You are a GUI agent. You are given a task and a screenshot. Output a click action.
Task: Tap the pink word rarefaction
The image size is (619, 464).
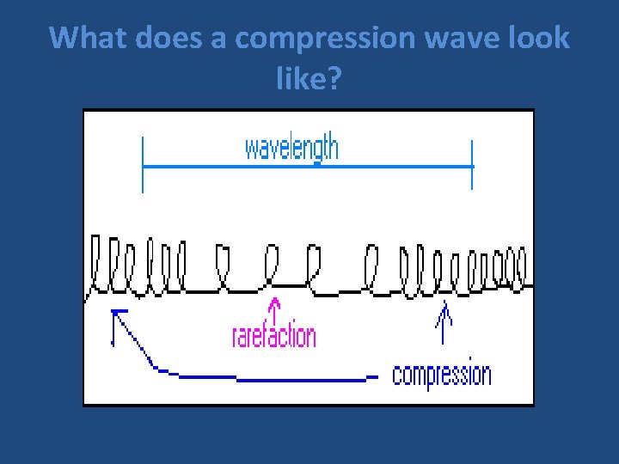click(274, 334)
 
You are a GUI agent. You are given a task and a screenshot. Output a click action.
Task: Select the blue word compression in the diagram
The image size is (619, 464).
click(442, 375)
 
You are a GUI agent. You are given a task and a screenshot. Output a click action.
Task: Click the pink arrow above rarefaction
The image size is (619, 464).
click(274, 308)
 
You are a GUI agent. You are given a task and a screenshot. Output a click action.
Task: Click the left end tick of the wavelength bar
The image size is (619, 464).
click(143, 166)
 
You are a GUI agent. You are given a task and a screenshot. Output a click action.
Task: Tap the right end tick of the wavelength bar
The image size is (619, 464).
click(472, 166)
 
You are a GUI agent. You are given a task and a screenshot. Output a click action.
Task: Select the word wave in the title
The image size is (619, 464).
click(452, 38)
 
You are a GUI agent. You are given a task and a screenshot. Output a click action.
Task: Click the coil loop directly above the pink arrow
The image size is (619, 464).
click(273, 261)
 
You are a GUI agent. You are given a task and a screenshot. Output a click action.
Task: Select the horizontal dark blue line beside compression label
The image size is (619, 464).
click(301, 377)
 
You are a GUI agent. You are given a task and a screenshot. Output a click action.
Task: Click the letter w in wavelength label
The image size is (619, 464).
click(252, 149)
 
